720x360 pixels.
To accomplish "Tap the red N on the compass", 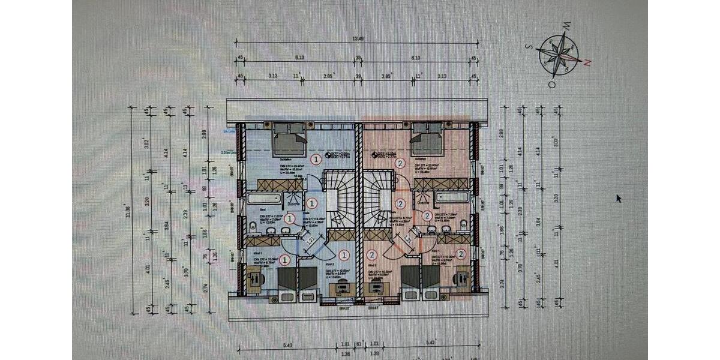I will [x=588, y=62].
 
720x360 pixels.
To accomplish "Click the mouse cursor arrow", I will [x=619, y=198].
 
